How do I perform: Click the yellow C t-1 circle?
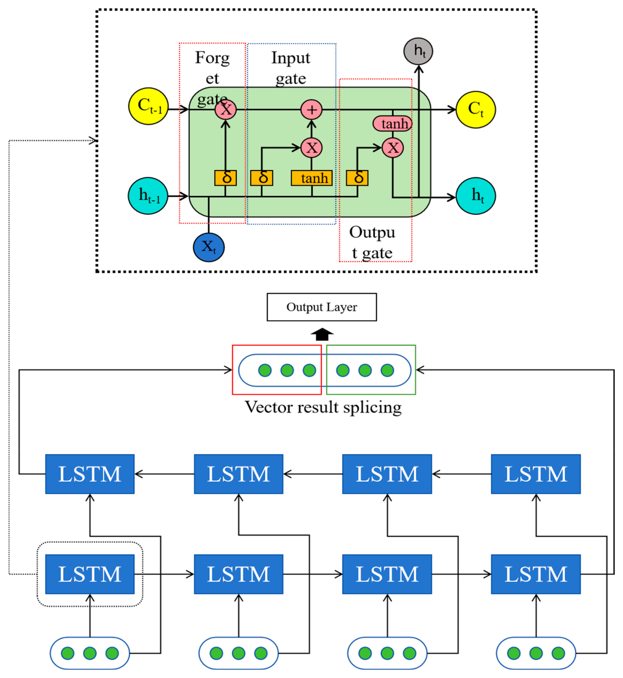[148, 106]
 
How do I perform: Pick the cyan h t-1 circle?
[148, 196]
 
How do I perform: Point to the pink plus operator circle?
[311, 110]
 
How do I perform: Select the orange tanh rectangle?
[311, 178]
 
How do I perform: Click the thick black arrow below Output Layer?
[322, 335]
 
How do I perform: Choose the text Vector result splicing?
[323, 407]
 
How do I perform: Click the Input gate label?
[291, 68]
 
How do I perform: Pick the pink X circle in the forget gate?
[225, 110]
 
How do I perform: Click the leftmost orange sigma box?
[225, 178]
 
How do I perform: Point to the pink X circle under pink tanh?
[393, 148]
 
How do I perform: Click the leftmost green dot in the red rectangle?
[265, 370]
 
